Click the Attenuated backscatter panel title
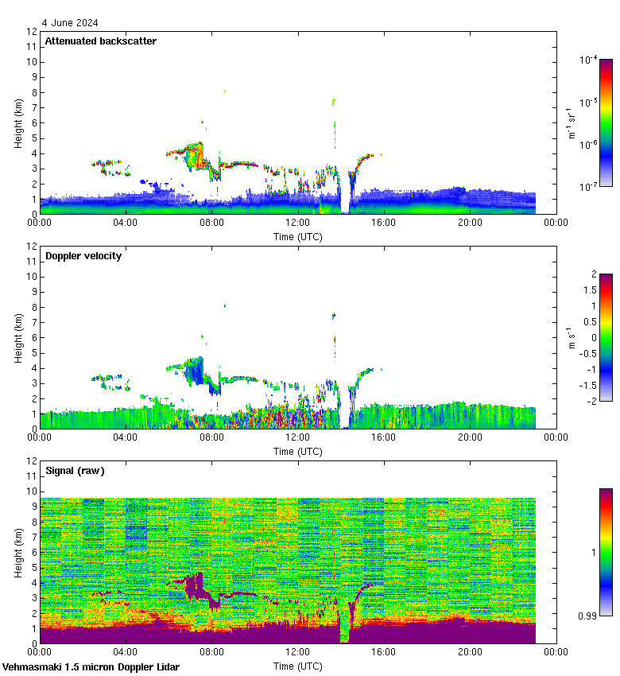100,41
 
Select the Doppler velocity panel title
83,256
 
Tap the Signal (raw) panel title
75,471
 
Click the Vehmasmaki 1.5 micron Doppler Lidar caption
91,667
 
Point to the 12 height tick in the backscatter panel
33,32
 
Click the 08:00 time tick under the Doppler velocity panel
211,437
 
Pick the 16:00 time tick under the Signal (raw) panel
384,651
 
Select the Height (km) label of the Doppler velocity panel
17,337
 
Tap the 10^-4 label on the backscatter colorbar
588,60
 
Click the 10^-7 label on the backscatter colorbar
588,187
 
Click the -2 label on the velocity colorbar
591,402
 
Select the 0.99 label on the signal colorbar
589,616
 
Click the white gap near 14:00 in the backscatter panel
344,203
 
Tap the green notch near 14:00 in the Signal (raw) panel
344,632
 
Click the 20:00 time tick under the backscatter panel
470,222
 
